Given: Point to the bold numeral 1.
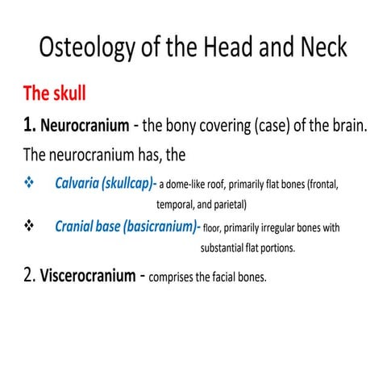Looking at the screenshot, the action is (29, 126).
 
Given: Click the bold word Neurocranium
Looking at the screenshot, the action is (85, 127).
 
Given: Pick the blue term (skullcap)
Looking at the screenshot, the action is (130, 184).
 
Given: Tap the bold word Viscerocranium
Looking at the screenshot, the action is (86, 276).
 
